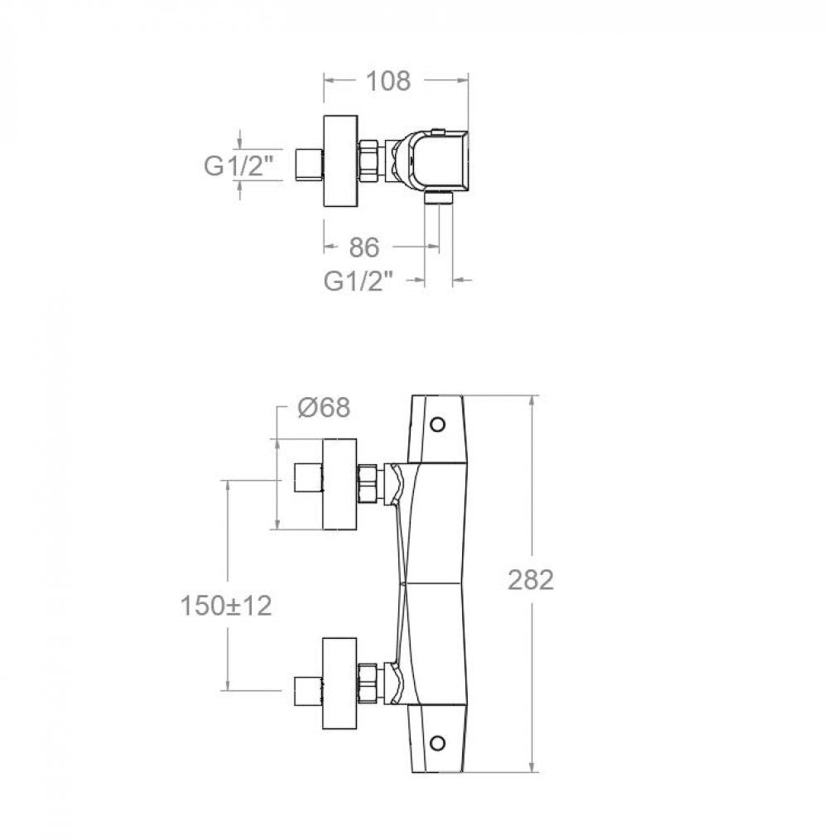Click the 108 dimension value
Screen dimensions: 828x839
point(388,81)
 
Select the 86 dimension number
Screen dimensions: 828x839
point(364,247)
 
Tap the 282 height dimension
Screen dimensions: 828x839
point(531,580)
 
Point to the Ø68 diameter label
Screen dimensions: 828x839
point(324,408)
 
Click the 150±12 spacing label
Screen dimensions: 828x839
point(226,606)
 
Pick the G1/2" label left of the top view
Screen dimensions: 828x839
point(238,165)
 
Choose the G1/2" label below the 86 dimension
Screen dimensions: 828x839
point(359,280)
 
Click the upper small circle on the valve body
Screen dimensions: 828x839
point(437,424)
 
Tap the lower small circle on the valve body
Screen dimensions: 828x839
point(437,743)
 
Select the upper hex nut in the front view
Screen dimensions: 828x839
point(368,484)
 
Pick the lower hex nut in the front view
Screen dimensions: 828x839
point(368,683)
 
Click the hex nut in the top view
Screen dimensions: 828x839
point(368,161)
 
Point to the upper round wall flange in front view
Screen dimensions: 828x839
point(339,484)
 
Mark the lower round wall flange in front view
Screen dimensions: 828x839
point(339,683)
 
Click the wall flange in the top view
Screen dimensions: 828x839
point(340,161)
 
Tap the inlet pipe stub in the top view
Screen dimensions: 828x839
point(310,165)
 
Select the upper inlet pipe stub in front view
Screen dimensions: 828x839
point(309,479)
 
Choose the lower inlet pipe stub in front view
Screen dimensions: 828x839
point(309,692)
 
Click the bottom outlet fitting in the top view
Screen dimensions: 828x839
point(439,198)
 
